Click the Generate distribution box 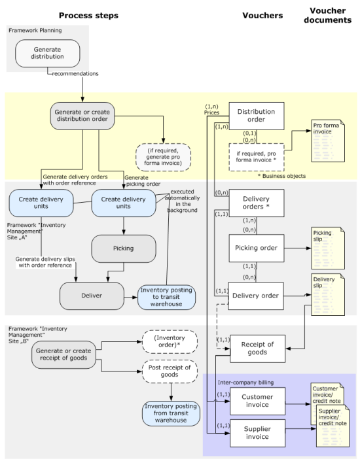point(47,54)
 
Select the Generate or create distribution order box point(82,116)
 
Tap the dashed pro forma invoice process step point(163,157)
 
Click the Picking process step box point(124,249)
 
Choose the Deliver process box point(92,296)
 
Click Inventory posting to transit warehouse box point(166,297)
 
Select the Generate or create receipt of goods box point(63,354)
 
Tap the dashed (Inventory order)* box point(170,341)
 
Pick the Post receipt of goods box point(170,371)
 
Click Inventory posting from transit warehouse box point(171,413)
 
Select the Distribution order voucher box point(257,116)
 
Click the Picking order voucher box point(257,248)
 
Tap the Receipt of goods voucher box point(257,349)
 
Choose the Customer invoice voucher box point(257,401)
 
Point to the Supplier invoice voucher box point(257,433)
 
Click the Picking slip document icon point(328,248)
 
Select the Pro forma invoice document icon point(328,141)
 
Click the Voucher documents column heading point(328,15)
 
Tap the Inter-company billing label point(245,383)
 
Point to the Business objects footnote point(281,176)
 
